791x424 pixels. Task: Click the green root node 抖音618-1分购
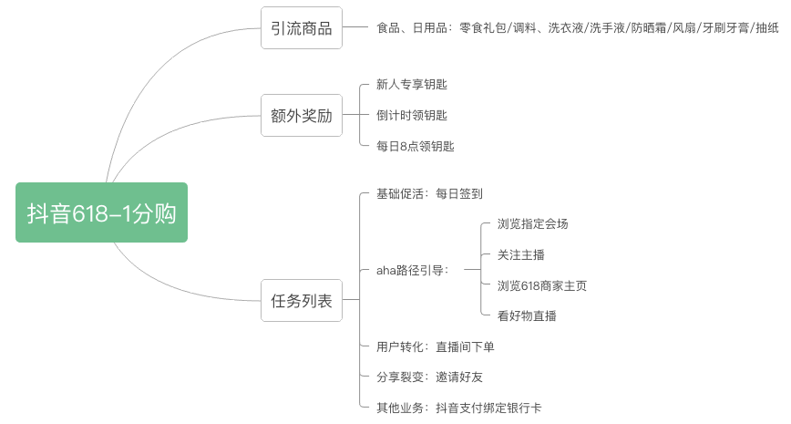(101, 212)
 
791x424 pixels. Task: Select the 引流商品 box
(301, 28)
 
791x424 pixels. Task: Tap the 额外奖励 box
(301, 116)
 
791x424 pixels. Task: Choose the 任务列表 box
(301, 301)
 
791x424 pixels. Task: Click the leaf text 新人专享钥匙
(412, 85)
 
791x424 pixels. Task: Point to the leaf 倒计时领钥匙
(412, 116)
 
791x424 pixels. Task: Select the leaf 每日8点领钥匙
(415, 146)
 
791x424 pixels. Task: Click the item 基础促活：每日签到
(429, 194)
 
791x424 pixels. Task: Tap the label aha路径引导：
(413, 270)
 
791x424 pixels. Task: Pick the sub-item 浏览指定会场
(533, 224)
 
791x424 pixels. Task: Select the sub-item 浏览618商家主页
(542, 285)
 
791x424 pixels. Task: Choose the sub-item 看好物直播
(527, 316)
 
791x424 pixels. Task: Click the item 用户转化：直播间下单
(436, 346)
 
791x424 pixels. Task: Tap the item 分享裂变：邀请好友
(429, 377)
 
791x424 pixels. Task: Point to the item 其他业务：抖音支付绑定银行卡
(459, 408)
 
